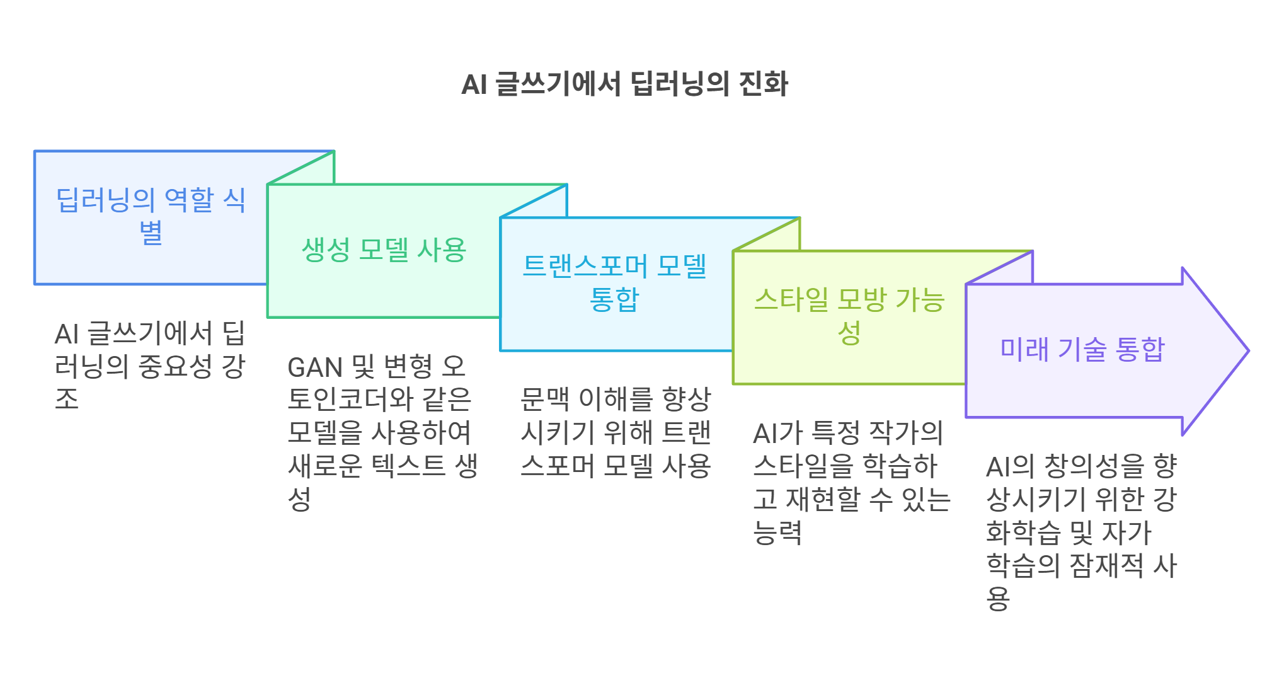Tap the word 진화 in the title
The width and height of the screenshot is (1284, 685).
tap(763, 84)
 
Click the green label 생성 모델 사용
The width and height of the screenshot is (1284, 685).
tap(384, 250)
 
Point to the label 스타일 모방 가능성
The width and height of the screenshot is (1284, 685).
tap(849, 316)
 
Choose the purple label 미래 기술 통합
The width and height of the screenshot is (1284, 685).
tap(1082, 349)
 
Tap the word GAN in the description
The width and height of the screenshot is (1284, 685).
tap(314, 367)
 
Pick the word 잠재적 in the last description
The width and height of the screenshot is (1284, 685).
tap(1106, 565)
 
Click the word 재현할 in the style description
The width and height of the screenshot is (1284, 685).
tap(823, 500)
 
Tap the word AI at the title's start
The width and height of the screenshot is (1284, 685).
tap(474, 84)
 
